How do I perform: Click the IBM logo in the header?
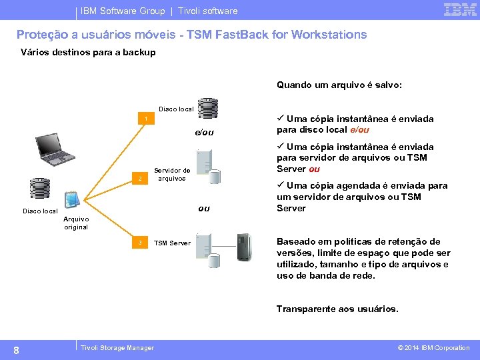[460, 9]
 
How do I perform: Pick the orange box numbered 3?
[140, 243]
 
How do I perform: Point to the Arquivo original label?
[76, 223]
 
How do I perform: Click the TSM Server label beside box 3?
[172, 243]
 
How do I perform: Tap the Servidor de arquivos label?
[172, 175]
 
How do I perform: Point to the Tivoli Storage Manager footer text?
[117, 348]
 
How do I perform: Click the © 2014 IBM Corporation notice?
[433, 348]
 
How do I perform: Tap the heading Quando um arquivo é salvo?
[339, 85]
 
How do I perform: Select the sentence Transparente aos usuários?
[337, 309]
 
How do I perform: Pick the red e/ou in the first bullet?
[359, 130]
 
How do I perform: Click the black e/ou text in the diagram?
[204, 133]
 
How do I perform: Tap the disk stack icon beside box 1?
[208, 108]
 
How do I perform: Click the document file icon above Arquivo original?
[73, 199]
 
